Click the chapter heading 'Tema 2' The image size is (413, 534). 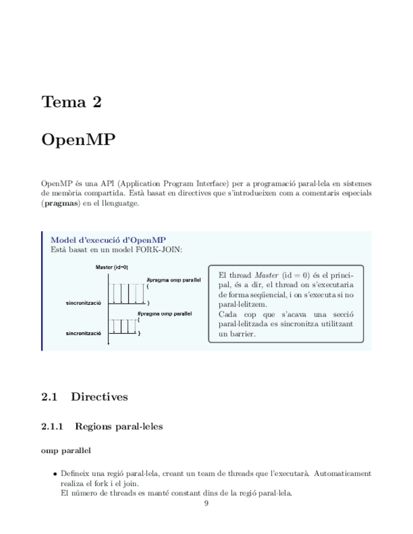click(x=71, y=102)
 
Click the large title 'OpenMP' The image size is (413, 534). click(x=78, y=139)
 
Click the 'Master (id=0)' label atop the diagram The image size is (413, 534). click(x=112, y=267)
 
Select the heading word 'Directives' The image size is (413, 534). click(x=99, y=397)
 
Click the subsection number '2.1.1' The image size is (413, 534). click(x=52, y=426)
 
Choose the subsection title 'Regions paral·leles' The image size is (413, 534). click(x=119, y=426)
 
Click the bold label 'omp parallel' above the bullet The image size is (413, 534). click(x=66, y=450)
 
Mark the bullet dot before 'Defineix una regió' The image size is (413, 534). click(x=55, y=474)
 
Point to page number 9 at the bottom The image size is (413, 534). click(x=206, y=503)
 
